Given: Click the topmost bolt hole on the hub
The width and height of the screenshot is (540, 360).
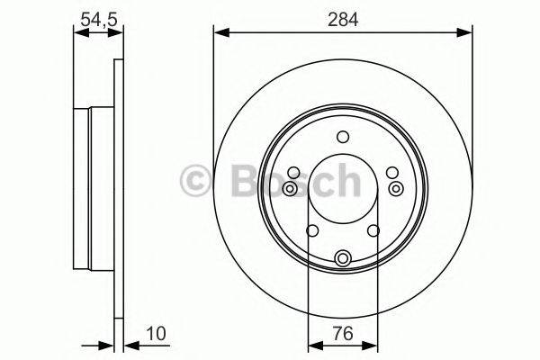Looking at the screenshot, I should point(342,137).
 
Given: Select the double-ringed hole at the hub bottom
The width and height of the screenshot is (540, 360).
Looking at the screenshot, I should point(342,259).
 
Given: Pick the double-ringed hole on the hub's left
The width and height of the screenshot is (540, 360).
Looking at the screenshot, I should point(289,188).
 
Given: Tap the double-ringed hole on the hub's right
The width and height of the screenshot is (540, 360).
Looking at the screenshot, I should point(397,188).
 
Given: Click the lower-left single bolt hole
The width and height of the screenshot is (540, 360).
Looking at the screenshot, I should point(310,232).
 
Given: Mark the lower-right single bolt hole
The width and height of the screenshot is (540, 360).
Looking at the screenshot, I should point(374,232).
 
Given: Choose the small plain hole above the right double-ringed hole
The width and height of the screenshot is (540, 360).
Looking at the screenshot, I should point(391,173).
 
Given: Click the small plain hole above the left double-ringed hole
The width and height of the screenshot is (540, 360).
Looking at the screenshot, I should point(293,173).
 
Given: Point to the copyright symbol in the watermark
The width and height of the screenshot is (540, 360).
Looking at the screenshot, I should point(197,181).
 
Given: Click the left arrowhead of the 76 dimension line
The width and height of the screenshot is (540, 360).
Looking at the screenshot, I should point(313,343).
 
